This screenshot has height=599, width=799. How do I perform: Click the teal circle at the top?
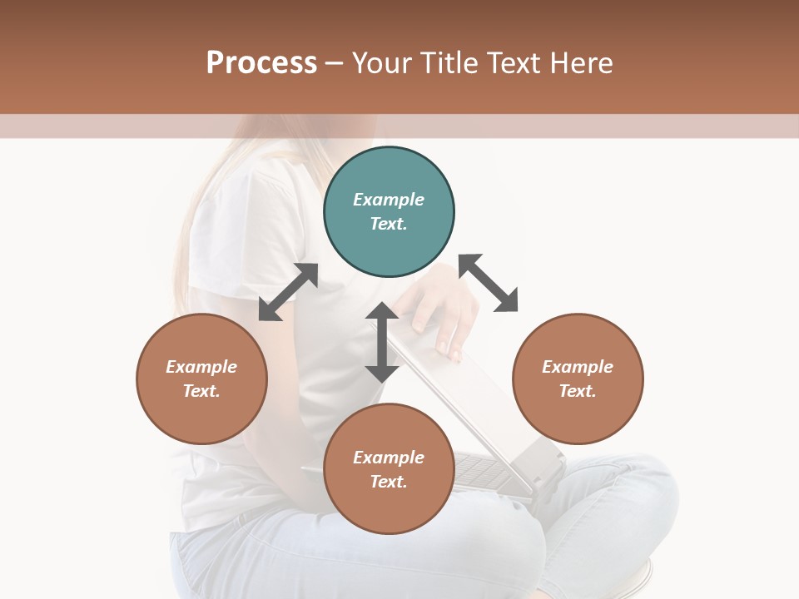point(389,212)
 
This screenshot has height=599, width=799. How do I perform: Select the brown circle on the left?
point(201,379)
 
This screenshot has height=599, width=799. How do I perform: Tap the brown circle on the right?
point(578,379)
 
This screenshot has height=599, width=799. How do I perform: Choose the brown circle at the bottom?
point(389,469)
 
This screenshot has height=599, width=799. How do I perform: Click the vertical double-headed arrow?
point(382,342)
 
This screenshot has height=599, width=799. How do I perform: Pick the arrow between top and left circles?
point(288,292)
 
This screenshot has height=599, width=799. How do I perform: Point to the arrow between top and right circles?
point(489,283)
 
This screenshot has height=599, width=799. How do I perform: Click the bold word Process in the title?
point(261,62)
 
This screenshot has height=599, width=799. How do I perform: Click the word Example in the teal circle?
point(389,200)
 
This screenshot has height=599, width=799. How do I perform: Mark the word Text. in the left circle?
point(201,391)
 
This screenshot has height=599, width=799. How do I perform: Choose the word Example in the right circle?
point(578,367)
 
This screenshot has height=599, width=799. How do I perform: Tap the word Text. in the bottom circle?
point(389,482)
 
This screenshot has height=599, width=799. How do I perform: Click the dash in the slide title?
point(335,63)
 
